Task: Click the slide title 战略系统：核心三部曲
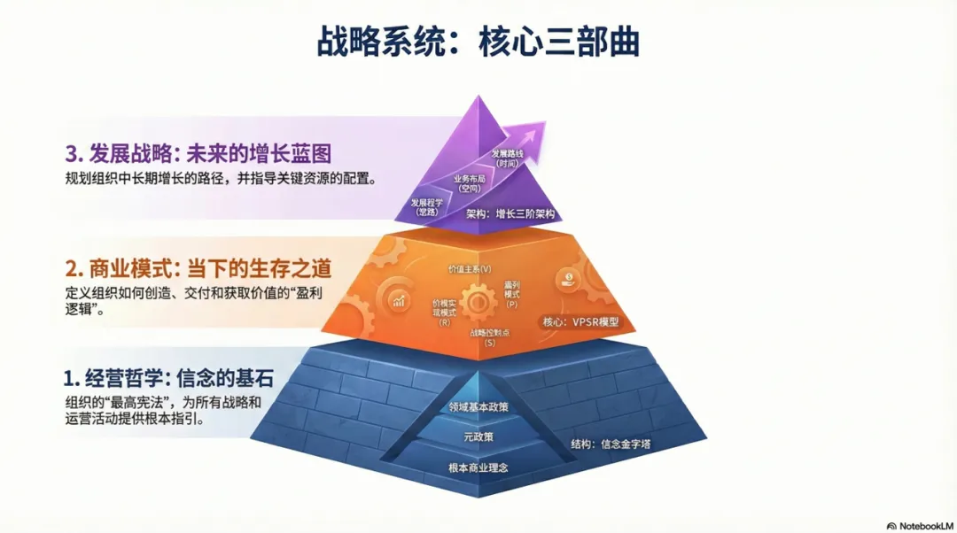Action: pos(478,42)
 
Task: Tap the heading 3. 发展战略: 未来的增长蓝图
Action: pos(198,153)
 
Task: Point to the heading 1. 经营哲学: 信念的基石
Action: pos(168,379)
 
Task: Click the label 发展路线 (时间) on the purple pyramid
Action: pos(508,158)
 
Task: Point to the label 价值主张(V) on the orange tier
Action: pos(470,267)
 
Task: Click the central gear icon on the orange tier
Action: pos(478,303)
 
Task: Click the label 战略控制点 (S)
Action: pos(484,337)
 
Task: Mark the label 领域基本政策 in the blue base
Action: pos(479,407)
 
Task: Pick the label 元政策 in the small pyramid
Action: pos(479,437)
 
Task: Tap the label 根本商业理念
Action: pos(479,467)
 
